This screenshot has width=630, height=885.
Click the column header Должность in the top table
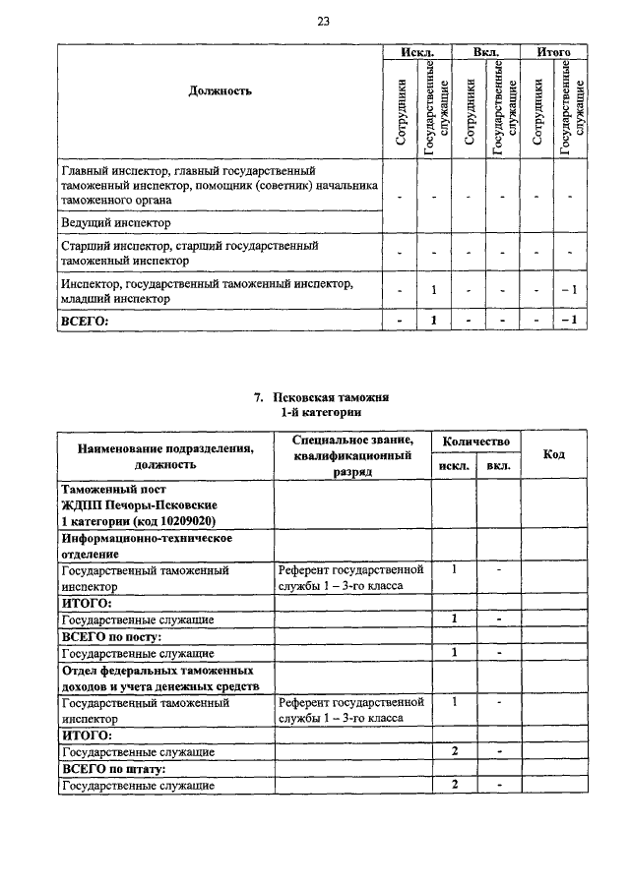[220, 91]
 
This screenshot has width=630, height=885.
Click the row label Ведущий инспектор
[115, 223]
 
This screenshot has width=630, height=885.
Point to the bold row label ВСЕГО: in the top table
[84, 320]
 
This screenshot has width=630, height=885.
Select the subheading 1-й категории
[322, 413]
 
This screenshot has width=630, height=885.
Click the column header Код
[553, 453]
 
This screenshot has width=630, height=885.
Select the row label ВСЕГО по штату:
[113, 768]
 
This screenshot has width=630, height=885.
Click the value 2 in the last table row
[455, 784]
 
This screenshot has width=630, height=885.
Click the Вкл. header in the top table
[486, 50]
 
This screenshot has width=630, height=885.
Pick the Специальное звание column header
[352, 440]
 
